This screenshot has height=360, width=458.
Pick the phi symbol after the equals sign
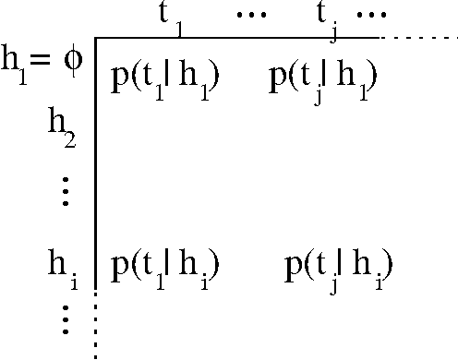coord(71,59)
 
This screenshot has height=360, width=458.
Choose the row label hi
coord(62,270)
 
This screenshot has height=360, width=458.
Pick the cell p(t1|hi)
coord(163,270)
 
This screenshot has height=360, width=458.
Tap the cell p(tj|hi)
coord(339,270)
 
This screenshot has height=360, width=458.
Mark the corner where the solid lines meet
coord(95,38)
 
